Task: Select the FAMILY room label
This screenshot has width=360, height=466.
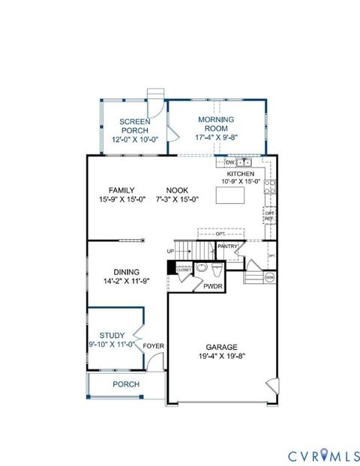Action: pyautogui.click(x=121, y=190)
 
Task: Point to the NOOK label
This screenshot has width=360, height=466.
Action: pyautogui.click(x=177, y=190)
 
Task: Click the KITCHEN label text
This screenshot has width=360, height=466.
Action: pyautogui.click(x=241, y=173)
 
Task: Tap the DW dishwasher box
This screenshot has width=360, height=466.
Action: pyautogui.click(x=229, y=162)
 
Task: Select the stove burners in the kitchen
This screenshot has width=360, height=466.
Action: pyautogui.click(x=269, y=187)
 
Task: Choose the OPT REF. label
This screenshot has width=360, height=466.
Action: pyautogui.click(x=269, y=216)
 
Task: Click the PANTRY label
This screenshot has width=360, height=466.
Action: pyautogui.click(x=228, y=246)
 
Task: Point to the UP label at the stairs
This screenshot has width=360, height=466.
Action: pyautogui.click(x=171, y=251)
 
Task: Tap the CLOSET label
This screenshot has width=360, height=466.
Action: pyautogui.click(x=184, y=270)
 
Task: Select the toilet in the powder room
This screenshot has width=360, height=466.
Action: pyautogui.click(x=215, y=269)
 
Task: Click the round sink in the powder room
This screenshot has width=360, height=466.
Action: pyautogui.click(x=201, y=268)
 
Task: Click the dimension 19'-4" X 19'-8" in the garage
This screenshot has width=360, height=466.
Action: pyautogui.click(x=222, y=356)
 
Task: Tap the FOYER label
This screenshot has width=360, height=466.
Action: pyautogui.click(x=154, y=345)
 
